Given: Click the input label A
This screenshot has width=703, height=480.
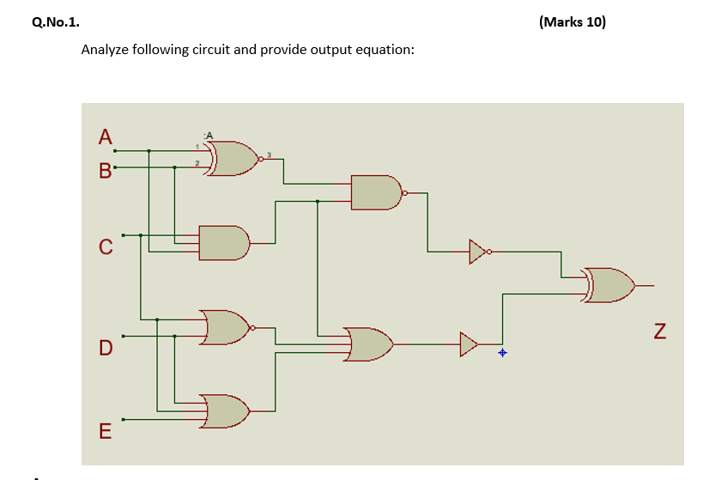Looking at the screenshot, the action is click(106, 137).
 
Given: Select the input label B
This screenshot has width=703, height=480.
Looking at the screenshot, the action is click(106, 171).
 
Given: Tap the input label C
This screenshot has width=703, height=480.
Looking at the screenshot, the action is click(106, 246).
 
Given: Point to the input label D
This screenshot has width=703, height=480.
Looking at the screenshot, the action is click(106, 348).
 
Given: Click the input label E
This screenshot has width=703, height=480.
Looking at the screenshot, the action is click(106, 431).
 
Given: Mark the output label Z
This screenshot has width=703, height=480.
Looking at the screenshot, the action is click(660, 331).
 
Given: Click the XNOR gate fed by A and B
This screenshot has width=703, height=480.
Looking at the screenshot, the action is click(233, 159).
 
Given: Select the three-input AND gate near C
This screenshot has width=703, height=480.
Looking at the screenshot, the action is click(224, 243).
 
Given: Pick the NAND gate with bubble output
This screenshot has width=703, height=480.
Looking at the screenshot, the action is click(379, 192).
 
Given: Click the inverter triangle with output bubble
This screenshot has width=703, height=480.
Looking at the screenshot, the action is click(480, 252).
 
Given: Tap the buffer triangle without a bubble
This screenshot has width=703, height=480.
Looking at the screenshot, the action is click(469, 344).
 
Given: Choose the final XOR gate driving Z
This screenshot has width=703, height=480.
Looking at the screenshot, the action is click(609, 285).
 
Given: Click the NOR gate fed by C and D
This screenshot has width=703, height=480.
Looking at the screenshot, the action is click(227, 327).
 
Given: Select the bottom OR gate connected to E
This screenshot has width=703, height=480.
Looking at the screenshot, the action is click(224, 411).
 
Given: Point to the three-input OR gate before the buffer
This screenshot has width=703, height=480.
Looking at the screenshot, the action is click(368, 344).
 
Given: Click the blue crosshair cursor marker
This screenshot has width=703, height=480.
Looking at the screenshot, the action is click(503, 353).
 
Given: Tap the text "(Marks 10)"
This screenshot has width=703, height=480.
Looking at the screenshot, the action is click(573, 22).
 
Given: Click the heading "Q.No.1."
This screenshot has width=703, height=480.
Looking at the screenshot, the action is click(56, 22).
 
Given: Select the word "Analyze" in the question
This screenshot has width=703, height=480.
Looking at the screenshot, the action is click(105, 49).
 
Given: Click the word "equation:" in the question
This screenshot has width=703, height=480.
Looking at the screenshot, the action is click(385, 50).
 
